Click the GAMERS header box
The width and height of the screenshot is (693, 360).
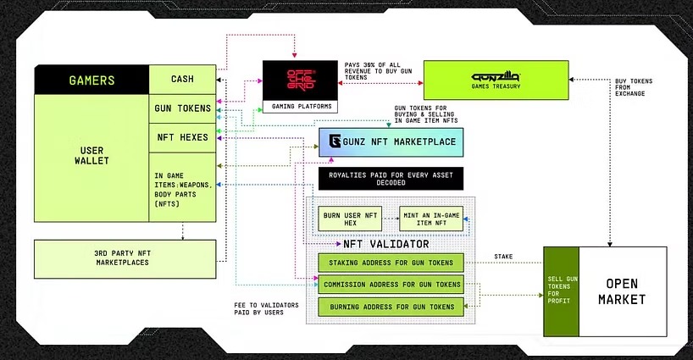point(91,80)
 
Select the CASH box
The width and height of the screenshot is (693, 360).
point(181,80)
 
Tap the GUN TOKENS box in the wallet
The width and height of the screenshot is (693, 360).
point(181,108)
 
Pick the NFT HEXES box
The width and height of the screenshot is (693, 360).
point(181,136)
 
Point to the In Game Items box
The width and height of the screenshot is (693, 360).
point(181,186)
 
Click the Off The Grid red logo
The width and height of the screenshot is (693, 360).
point(297,80)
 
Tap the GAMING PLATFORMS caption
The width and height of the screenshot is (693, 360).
point(297,107)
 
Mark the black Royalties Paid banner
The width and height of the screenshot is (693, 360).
point(391,179)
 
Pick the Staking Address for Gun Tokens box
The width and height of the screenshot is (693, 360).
point(391,263)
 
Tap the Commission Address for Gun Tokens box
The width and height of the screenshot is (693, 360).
point(391,284)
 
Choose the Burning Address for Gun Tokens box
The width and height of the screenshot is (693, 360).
point(391,306)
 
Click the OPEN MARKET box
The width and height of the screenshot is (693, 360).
point(623,291)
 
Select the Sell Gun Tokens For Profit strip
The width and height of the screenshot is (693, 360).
point(560,291)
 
